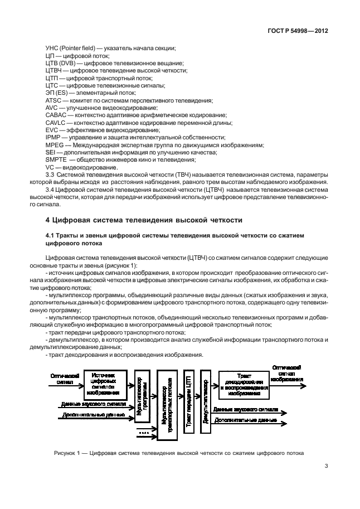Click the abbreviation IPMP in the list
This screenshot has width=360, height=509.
click(53, 137)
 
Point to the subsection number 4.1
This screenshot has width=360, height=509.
click(50, 236)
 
